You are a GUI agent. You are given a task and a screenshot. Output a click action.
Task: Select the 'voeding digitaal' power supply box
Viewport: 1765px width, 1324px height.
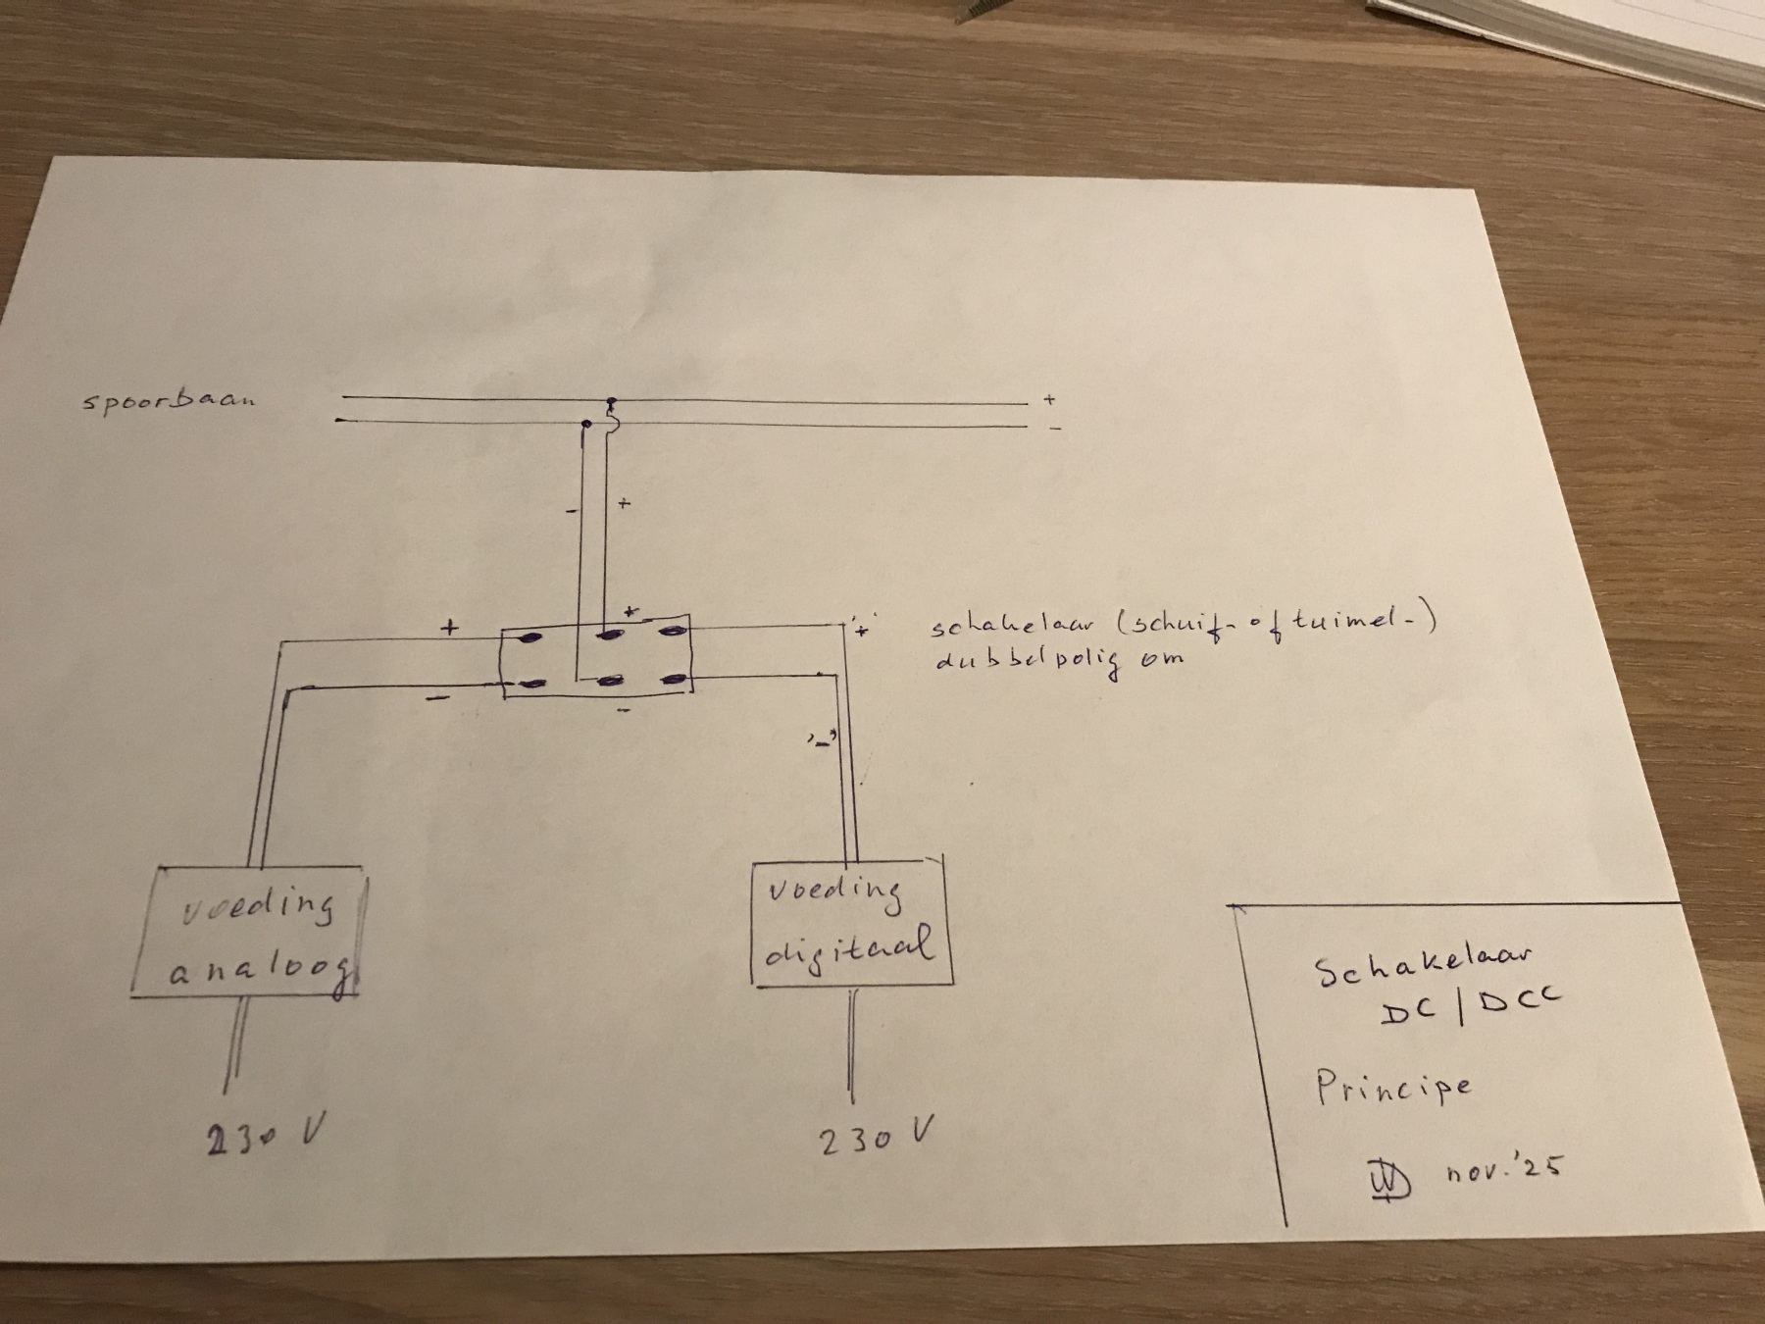click(x=852, y=924)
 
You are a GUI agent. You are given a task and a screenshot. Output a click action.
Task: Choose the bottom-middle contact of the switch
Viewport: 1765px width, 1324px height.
click(x=613, y=680)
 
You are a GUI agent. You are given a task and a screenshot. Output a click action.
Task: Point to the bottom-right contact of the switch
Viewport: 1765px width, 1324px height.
click(x=675, y=679)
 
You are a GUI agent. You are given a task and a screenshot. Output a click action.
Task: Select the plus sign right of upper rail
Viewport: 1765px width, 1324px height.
click(x=1049, y=400)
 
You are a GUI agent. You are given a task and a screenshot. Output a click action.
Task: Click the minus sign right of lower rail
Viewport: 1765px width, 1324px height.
click(x=1054, y=428)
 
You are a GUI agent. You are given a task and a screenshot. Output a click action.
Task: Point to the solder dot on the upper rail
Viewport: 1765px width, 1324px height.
click(x=612, y=403)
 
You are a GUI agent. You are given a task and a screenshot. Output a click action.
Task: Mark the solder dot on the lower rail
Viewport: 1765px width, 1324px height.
click(x=586, y=425)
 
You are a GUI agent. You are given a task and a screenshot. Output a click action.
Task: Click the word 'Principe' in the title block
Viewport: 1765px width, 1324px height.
click(x=1393, y=1086)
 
